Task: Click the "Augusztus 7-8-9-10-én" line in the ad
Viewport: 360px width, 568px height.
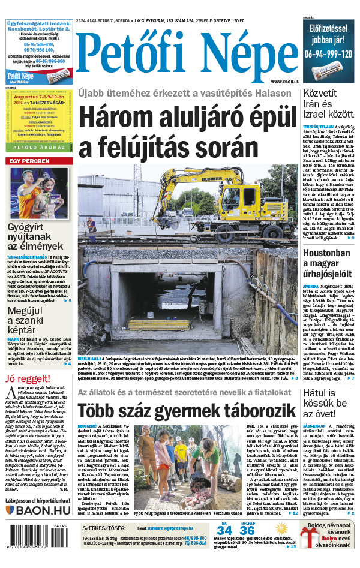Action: pos(40,96)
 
